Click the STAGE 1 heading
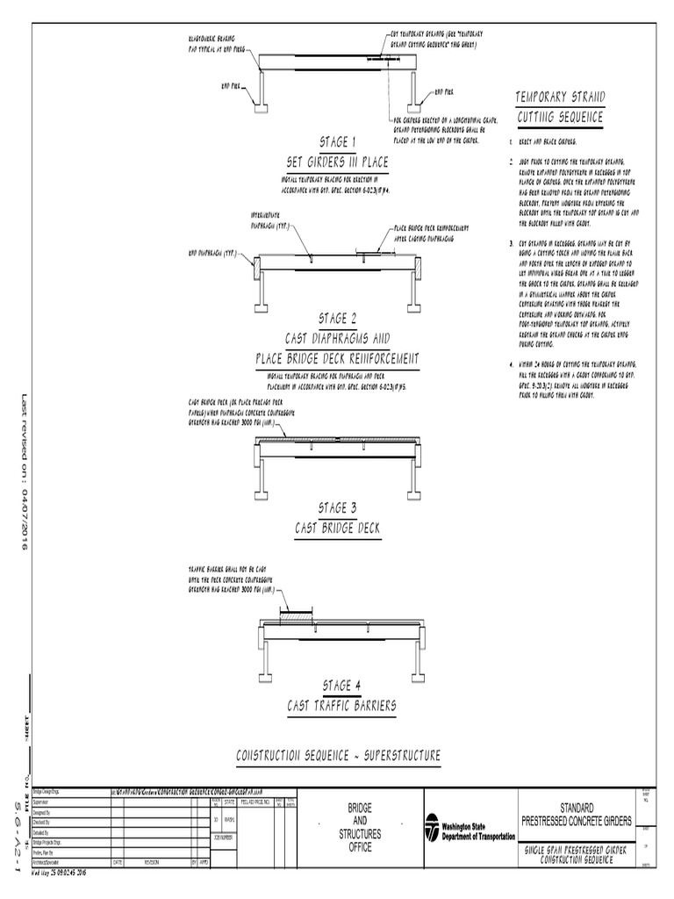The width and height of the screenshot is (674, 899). coord(337,143)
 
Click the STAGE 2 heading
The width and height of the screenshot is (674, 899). coord(337,318)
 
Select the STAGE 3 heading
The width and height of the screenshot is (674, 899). coord(337,508)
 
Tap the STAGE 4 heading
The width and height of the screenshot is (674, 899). coord(337,686)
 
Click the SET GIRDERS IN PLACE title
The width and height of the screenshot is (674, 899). coord(337,162)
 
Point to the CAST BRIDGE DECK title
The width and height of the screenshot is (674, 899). coord(337,528)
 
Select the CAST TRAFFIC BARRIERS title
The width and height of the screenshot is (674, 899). coord(337,705)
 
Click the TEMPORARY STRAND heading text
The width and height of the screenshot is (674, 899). coord(560,97)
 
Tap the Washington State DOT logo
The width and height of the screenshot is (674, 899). coord(432,828)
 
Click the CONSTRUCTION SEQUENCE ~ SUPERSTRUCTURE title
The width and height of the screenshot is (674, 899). coord(338,756)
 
